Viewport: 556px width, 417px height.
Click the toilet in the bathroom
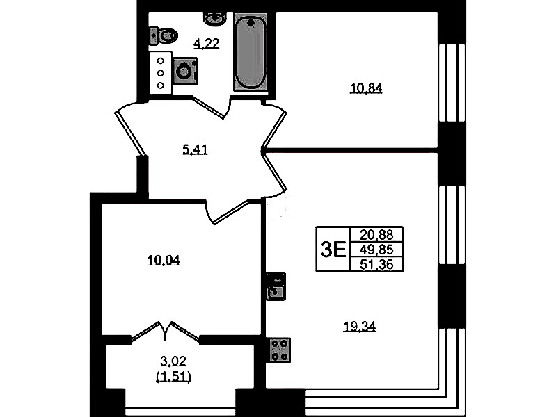point(163,35)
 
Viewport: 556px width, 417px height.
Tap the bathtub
point(251,51)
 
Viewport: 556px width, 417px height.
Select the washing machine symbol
point(186,72)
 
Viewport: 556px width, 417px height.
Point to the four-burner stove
point(280,350)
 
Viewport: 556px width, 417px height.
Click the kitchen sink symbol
point(276,286)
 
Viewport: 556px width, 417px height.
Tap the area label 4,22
point(207,44)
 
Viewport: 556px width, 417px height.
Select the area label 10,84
point(366,88)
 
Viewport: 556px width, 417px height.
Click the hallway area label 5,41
point(195,150)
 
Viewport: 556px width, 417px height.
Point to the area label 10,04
point(164,261)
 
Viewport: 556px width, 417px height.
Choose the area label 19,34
point(359,327)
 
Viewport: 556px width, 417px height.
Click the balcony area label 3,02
point(173,361)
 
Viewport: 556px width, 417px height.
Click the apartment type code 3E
point(333,250)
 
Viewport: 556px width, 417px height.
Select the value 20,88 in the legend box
point(376,234)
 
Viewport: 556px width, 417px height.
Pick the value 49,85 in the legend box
point(376,250)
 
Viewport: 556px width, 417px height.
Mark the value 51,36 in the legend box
point(376,264)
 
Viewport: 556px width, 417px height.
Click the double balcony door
point(165,332)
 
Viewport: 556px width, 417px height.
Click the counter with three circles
point(161,73)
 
